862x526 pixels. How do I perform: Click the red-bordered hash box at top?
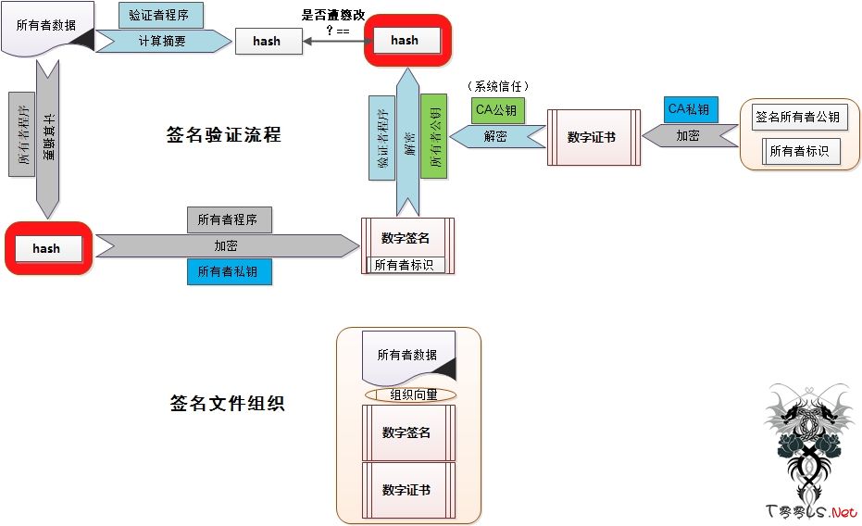pyautogui.click(x=405, y=41)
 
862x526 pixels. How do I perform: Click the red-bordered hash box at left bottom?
pyautogui.click(x=46, y=248)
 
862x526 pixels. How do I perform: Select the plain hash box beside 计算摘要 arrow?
pyautogui.click(x=268, y=42)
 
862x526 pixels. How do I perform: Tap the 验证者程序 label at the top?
pyautogui.click(x=161, y=15)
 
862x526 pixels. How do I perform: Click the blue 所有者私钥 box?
pyautogui.click(x=229, y=272)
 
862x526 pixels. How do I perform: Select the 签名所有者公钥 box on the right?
pyautogui.click(x=798, y=118)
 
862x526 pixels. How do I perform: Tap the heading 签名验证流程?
pyautogui.click(x=222, y=135)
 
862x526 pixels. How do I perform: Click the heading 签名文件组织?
pyautogui.click(x=227, y=404)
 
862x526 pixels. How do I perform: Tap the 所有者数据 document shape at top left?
pyautogui.click(x=46, y=28)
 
